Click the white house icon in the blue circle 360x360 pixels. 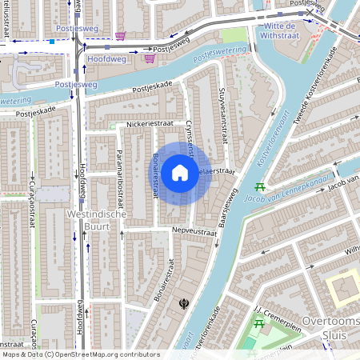[x=180, y=173]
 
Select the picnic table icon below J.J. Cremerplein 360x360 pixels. [x=258, y=323]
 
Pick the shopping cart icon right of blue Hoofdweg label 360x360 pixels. [x=149, y=58]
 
